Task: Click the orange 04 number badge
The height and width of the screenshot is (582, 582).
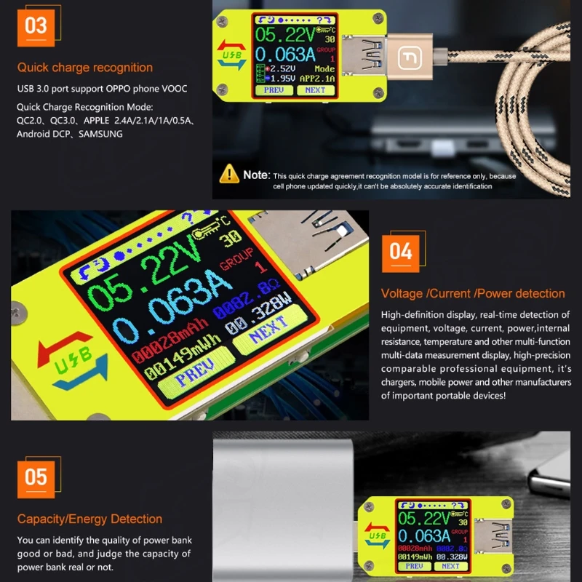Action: [x=401, y=252]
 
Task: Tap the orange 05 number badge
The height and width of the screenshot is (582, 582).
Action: [x=36, y=477]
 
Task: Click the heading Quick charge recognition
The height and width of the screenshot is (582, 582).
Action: [x=85, y=68]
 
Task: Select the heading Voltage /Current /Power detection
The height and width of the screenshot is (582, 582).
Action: [x=473, y=294]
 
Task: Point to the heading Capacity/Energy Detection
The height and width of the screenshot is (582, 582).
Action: [x=89, y=519]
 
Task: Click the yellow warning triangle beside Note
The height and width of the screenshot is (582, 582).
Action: [x=230, y=174]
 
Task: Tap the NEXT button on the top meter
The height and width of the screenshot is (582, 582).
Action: [x=315, y=90]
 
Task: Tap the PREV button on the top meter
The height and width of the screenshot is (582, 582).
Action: [x=274, y=90]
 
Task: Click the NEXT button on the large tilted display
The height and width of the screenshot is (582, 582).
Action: [x=271, y=335]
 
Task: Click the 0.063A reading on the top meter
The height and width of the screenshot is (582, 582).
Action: [x=286, y=55]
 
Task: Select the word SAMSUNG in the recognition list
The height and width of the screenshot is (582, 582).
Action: [x=102, y=134]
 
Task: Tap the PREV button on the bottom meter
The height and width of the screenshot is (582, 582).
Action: [x=415, y=565]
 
